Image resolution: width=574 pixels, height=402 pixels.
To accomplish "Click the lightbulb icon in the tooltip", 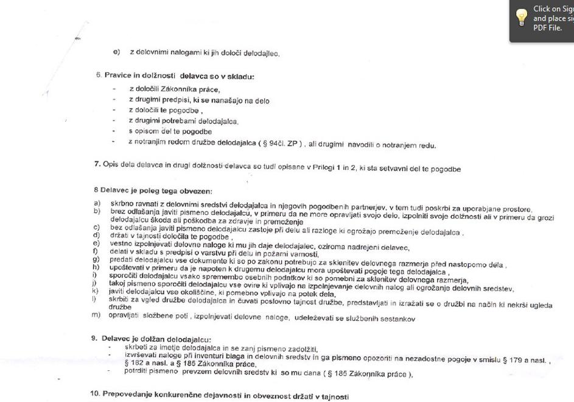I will pos(522,18).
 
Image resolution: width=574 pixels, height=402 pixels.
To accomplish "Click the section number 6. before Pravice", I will pos(99,76).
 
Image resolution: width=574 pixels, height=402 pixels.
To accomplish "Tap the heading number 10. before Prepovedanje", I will pos(95,393).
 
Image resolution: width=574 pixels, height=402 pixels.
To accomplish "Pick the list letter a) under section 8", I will pos(97,203).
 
